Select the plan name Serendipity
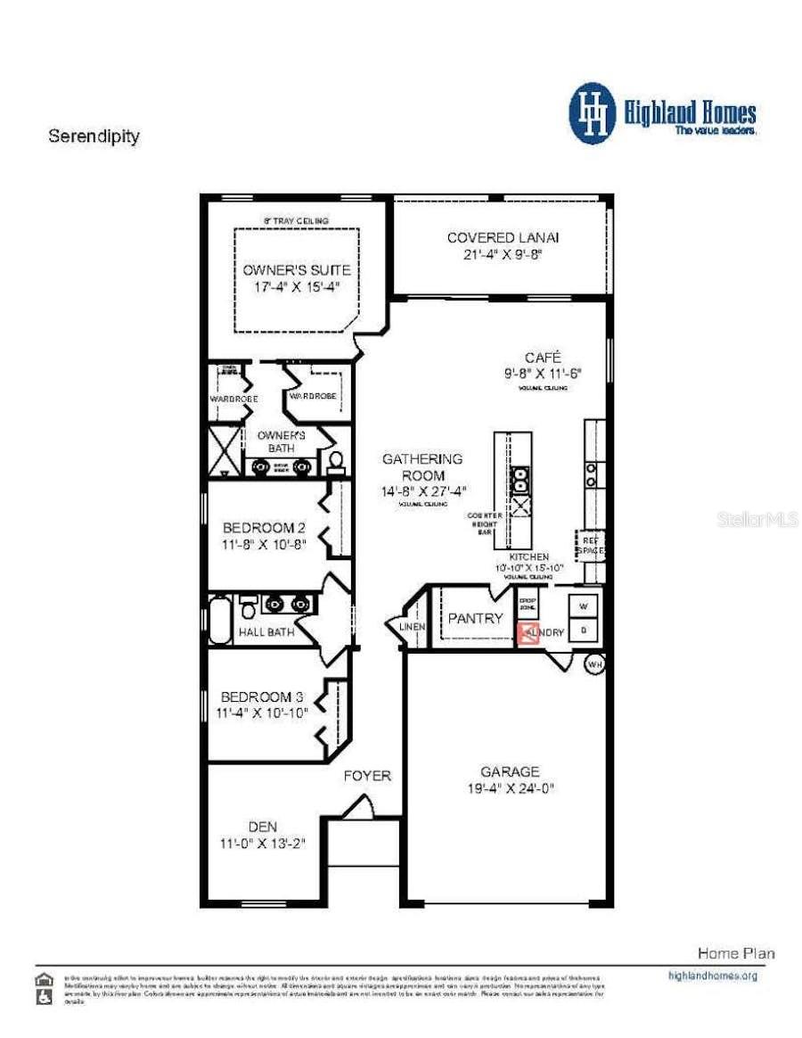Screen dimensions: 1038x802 point(94,136)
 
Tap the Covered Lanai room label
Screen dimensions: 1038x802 point(503,237)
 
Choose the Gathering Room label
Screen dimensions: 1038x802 point(422,467)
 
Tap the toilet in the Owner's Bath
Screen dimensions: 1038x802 point(336,461)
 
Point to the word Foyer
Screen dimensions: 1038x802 point(367,776)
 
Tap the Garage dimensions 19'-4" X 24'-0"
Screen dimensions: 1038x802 point(510,788)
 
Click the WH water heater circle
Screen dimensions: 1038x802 point(594,663)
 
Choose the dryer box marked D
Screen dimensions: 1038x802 point(585,630)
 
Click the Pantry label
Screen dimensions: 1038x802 point(474,618)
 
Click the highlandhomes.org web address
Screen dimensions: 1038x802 point(713,976)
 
